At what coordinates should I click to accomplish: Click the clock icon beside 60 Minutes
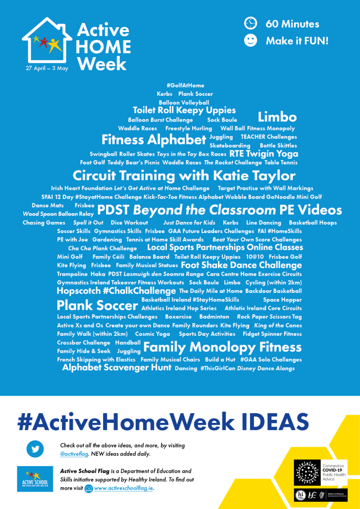tap(251, 23)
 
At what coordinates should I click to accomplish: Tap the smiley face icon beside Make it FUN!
tap(251, 40)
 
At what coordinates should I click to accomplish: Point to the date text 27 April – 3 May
tap(47, 68)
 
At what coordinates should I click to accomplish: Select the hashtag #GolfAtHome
tap(185, 86)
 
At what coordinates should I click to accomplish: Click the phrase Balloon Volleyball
tap(184, 103)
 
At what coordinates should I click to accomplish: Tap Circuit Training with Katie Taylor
tap(184, 175)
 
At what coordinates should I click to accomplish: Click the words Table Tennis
tap(281, 163)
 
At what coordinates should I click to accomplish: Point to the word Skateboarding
tap(230, 145)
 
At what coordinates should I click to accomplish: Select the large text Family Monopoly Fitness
tap(222, 347)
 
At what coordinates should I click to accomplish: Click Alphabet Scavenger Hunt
tap(117, 368)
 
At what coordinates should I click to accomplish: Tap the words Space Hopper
tap(282, 300)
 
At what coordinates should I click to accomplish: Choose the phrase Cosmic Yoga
tap(152, 334)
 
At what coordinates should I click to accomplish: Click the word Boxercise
tap(179, 317)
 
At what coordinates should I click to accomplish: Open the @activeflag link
tap(74, 454)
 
